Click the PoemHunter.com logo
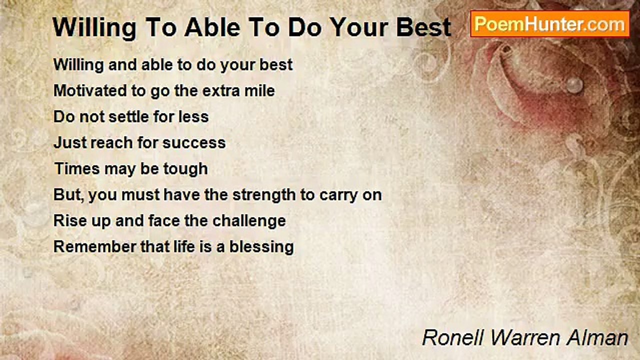pyautogui.click(x=550, y=24)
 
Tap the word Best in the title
pyautogui.click(x=423, y=27)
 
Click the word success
pyautogui.click(x=194, y=142)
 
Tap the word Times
pyautogui.click(x=77, y=168)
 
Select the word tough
pyautogui.click(x=185, y=169)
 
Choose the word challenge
pyautogui.click(x=249, y=221)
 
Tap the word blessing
pyautogui.click(x=261, y=247)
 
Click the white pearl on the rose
pyautogui.click(x=574, y=85)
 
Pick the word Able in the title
pyautogui.click(x=212, y=27)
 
